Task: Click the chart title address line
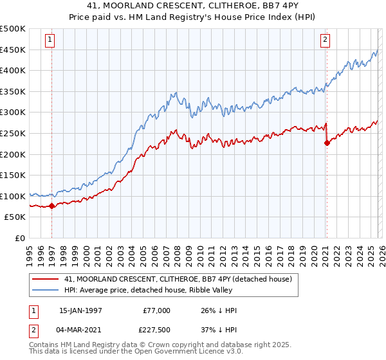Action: point(193,6)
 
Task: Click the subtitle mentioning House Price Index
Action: point(193,17)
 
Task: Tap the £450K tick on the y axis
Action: point(13,50)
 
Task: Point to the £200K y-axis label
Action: point(13,154)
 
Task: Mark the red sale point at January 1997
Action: point(52,206)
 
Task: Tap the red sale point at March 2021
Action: point(326,143)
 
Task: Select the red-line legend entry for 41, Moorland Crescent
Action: point(178,279)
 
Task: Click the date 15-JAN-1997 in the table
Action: point(80,310)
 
